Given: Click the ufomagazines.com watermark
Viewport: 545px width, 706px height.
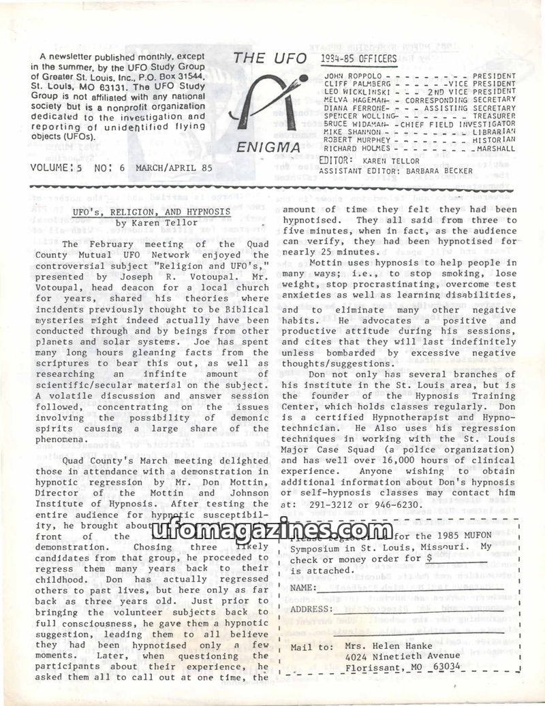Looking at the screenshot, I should tap(272, 529).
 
